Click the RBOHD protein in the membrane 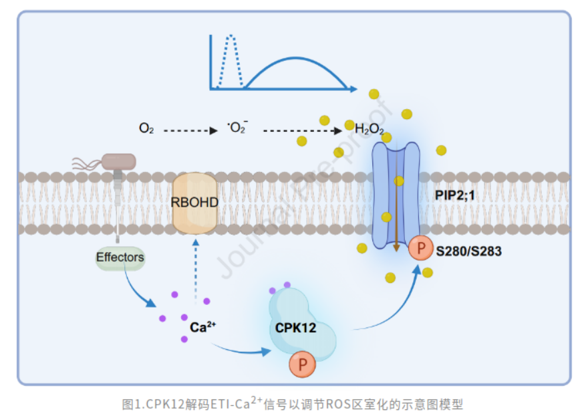coord(195,202)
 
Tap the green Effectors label coord(120,257)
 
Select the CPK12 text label coord(295,328)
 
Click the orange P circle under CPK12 coord(303,365)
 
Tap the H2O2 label coord(369,130)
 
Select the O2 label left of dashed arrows coord(146,128)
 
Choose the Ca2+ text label coord(202,328)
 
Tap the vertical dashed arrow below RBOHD coord(196,268)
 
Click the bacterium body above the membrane coord(118,161)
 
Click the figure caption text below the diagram coord(293,403)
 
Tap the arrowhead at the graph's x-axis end coord(352,88)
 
